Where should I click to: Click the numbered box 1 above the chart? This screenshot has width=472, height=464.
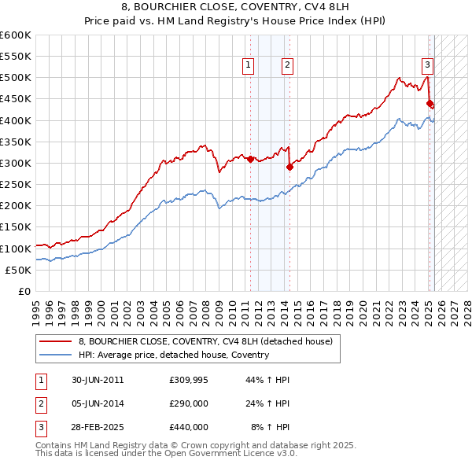(248, 66)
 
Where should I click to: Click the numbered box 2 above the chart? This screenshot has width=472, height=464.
(287, 66)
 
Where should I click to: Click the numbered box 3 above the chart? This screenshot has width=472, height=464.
(426, 66)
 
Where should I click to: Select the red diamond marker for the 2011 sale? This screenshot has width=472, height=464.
(250, 159)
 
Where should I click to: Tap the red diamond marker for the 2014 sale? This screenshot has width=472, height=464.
(289, 167)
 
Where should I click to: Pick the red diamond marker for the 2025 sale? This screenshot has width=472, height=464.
(430, 103)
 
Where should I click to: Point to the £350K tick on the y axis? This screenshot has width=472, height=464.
(15, 142)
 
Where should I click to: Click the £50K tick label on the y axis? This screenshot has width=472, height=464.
(17, 270)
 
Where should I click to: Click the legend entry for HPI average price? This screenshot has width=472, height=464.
(174, 355)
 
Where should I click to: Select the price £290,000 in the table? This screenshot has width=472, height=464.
(189, 403)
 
